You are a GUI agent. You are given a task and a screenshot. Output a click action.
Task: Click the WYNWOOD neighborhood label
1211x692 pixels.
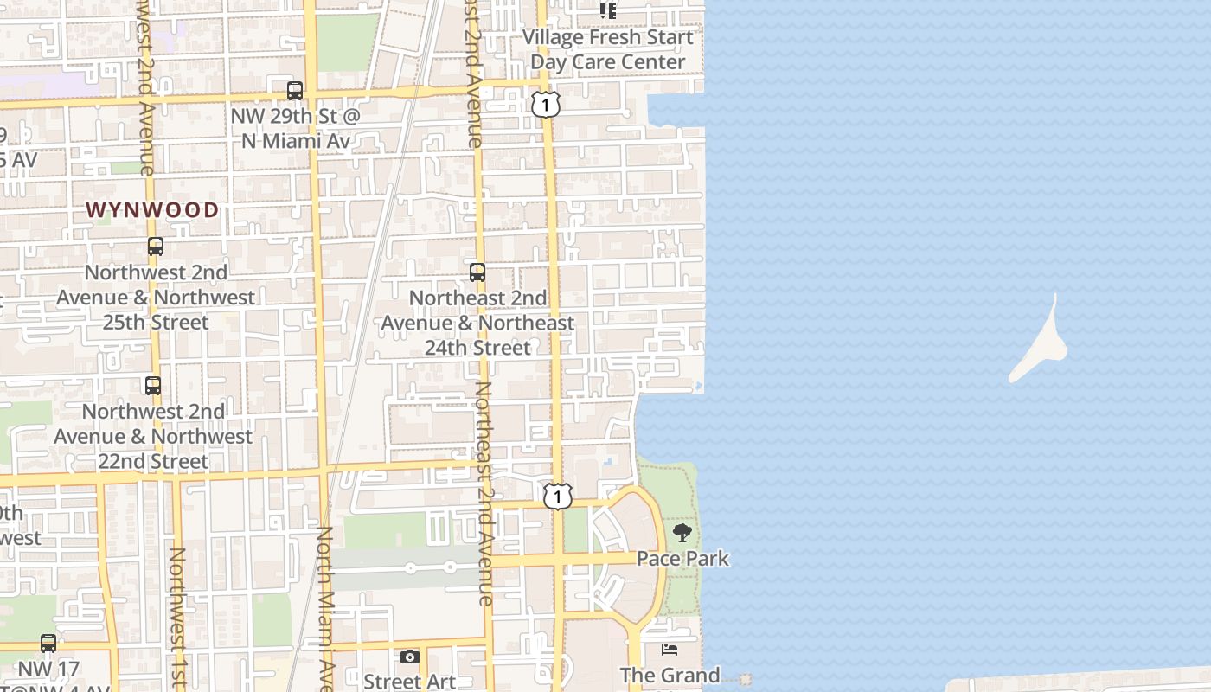[x=152, y=209]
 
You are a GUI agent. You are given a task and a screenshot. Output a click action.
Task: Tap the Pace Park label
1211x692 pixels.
[x=682, y=559]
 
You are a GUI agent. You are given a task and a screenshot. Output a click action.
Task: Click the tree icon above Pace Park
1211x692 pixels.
[x=682, y=532]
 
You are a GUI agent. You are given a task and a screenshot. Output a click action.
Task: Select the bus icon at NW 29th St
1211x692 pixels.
[x=295, y=90]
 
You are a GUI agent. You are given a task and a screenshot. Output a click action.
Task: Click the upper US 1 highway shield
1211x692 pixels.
[x=546, y=105]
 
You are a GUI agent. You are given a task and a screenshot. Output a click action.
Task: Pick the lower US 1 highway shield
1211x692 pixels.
[x=558, y=497]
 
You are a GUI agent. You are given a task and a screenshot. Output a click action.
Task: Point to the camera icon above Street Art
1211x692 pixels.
[x=410, y=657]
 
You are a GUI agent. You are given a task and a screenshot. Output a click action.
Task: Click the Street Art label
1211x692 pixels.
[x=409, y=682]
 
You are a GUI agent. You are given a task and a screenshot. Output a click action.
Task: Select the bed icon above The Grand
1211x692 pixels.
[x=670, y=650]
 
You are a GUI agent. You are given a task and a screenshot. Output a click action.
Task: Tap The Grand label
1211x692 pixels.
[x=670, y=675]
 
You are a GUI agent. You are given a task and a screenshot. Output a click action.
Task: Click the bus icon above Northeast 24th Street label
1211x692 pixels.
[x=477, y=272]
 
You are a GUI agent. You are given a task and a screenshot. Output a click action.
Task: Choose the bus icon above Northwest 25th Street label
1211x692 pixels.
[x=156, y=247]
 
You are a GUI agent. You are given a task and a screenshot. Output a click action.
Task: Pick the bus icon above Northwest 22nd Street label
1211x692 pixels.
[x=153, y=386]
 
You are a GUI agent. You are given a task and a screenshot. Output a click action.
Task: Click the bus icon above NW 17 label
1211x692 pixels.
[x=48, y=644]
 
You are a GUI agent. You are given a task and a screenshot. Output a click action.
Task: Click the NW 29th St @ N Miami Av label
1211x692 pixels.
[x=295, y=127]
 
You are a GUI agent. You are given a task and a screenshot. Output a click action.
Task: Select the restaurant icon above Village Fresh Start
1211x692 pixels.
[x=608, y=10]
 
